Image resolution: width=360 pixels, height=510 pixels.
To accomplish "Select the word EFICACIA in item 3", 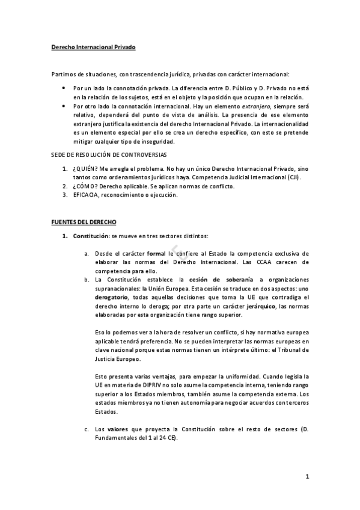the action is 86,195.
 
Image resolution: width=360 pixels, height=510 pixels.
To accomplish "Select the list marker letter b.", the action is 87,280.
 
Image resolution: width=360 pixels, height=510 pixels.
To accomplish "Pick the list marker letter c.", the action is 87,429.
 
